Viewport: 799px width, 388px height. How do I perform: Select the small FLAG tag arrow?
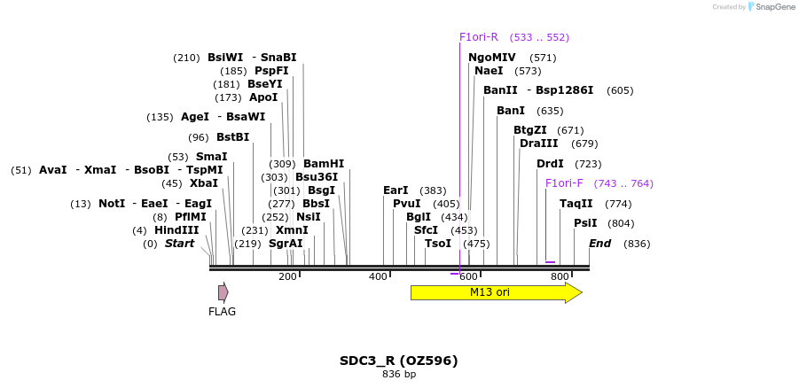223,292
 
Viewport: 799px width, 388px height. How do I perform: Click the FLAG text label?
222,312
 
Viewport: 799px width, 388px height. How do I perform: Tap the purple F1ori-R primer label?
479,37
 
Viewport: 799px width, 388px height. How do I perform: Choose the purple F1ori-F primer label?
564,183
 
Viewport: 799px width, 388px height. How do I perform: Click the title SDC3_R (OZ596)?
398,361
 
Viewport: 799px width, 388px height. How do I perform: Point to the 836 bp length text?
399,375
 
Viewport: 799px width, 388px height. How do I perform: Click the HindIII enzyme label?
176,230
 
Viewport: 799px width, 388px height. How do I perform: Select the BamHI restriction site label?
324,164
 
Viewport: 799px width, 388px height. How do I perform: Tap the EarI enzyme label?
396,190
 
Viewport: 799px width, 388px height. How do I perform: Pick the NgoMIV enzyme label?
492,58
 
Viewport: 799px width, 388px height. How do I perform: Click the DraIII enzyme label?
539,144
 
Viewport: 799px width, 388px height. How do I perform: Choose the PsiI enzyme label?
585,223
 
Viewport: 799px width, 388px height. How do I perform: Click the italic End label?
600,244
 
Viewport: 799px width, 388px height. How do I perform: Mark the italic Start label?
179,244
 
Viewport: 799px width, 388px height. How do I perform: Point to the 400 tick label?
379,277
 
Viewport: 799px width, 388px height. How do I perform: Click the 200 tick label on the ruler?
287,277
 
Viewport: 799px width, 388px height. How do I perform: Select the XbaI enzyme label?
203,183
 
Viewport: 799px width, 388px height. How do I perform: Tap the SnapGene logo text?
774,7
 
